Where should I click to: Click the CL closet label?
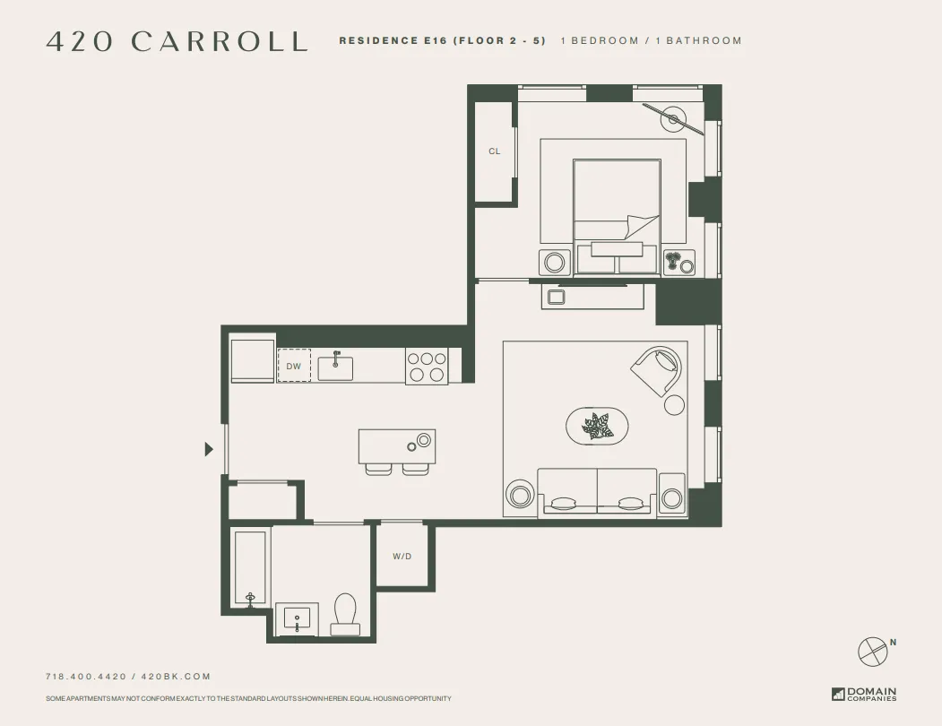[494, 151]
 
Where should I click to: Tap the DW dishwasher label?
[294, 367]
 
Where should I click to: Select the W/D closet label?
[402, 557]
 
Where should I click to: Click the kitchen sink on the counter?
[335, 367]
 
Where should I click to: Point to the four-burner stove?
[427, 366]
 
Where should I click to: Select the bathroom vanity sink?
[297, 618]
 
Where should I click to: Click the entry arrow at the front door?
[209, 449]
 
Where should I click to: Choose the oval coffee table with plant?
[597, 426]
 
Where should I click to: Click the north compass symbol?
[872, 651]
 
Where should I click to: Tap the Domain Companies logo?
[864, 694]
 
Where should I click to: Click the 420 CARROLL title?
[177, 41]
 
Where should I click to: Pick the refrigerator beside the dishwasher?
[252, 360]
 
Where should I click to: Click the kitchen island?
[396, 445]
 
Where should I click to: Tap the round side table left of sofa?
[520, 494]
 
